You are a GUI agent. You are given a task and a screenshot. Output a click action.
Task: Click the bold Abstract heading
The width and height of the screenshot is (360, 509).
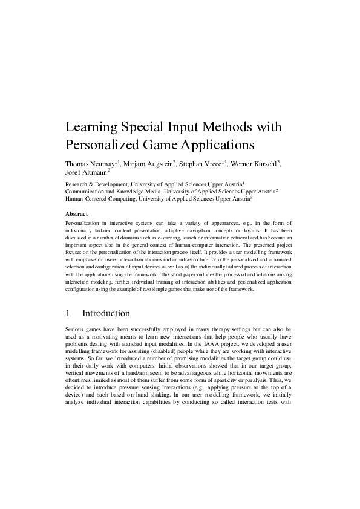coord(76,214)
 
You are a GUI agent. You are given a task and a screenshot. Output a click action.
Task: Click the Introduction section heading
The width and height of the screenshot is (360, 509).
coord(106,313)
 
